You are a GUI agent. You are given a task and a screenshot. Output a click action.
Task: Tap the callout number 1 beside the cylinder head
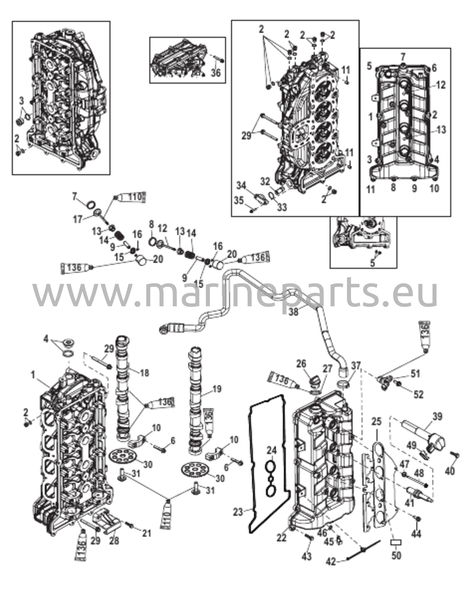[33, 374]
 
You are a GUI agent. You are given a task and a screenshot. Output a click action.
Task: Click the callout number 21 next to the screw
[146, 533]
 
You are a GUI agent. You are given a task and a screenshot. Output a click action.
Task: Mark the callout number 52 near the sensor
[419, 395]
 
